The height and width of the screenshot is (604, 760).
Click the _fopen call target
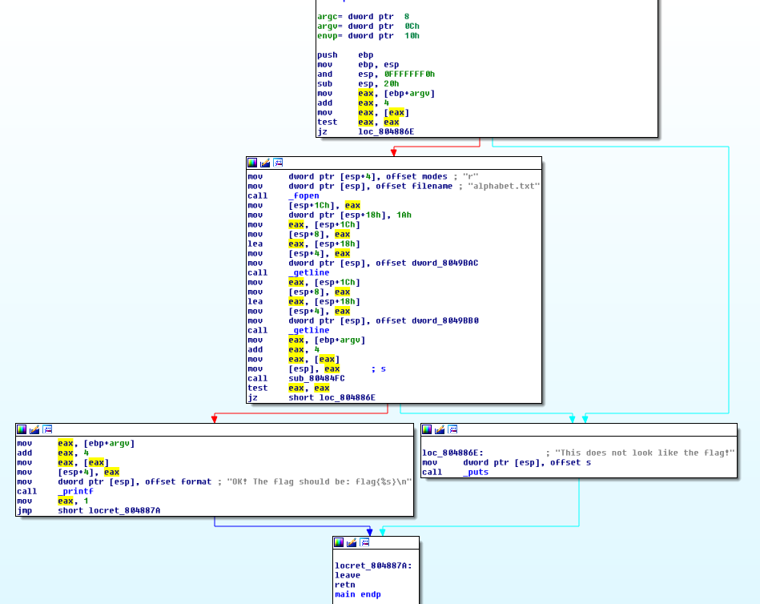(304, 195)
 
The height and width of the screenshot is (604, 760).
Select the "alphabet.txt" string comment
(501, 186)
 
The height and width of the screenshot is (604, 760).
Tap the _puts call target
(476, 472)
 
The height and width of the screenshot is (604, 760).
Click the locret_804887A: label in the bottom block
(373, 566)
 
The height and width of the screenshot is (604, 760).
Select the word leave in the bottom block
(347, 575)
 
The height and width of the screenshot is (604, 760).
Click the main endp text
(357, 594)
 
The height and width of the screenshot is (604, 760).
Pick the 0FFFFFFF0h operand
(409, 74)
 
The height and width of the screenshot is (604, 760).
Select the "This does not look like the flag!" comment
(640, 453)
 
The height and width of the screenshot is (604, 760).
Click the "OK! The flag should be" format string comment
(316, 481)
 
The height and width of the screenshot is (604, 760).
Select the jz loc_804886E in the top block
(365, 131)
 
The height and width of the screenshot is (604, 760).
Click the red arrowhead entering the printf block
(214, 418)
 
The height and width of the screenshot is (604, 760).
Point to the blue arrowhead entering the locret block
(369, 531)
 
